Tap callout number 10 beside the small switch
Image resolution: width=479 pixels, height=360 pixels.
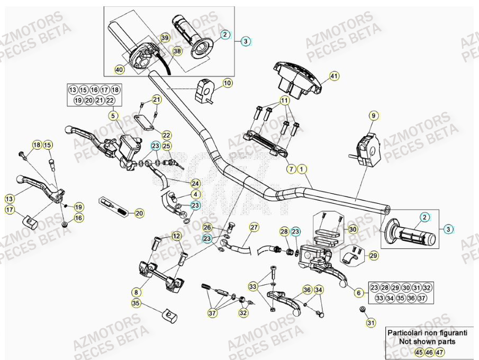[227, 83]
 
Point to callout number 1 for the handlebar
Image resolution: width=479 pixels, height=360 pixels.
[301, 169]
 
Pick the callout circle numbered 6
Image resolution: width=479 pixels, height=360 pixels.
[291, 169]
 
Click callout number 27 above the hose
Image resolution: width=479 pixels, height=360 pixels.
[254, 228]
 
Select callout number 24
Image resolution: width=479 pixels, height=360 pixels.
[195, 184]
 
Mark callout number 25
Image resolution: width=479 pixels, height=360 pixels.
[166, 146]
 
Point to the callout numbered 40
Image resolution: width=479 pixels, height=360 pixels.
[119, 69]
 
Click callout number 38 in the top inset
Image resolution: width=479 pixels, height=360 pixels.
[177, 51]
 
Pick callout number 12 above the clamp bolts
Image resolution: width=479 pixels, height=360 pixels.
[176, 236]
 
